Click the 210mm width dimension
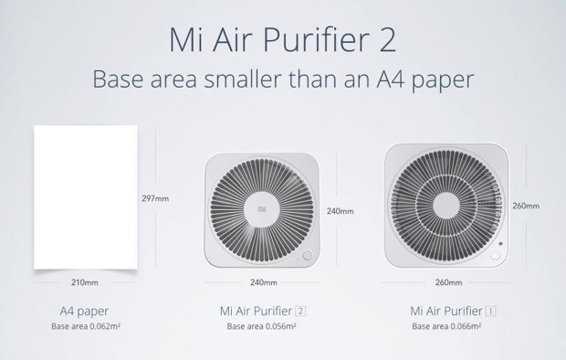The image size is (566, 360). coord(84,282)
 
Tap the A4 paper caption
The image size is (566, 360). coord(84,311)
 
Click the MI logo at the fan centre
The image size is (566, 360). coord(263,209)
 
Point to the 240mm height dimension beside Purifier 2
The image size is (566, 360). coord(340,211)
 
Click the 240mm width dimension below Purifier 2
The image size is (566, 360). coord(265,282)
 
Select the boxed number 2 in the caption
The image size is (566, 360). coord(301,311)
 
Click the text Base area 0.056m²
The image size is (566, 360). coord(264,326)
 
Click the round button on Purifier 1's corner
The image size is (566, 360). coord(498,259)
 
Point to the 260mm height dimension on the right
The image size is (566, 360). coord(527,206)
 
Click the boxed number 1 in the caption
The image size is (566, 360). coord(491,311)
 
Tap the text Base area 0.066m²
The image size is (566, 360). coord(448,326)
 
